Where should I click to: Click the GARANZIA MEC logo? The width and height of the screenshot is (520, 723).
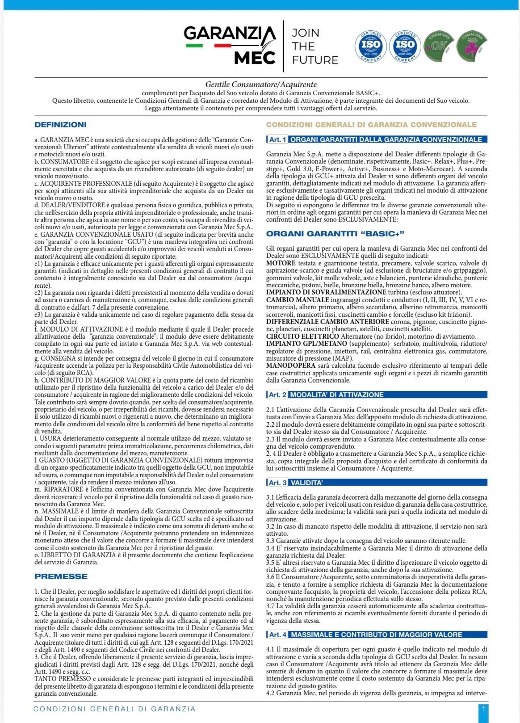[x=230, y=45]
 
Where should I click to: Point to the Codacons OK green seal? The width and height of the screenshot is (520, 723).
[x=438, y=46]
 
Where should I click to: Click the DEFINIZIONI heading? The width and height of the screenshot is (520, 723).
[x=61, y=125]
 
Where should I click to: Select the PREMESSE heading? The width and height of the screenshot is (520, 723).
[x=61, y=576]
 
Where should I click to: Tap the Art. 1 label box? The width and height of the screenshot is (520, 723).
[x=277, y=139]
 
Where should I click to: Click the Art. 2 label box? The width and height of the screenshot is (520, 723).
[x=277, y=395]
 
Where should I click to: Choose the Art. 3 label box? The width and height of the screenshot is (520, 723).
[x=277, y=483]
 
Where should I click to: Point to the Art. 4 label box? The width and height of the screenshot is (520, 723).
[x=277, y=635]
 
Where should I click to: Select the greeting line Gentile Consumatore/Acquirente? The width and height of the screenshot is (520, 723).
[x=261, y=84]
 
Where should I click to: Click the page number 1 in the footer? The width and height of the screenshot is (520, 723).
[x=483, y=709]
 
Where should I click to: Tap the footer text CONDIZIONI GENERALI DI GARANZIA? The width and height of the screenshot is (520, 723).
[x=115, y=709]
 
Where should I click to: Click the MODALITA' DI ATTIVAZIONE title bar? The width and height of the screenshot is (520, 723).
[x=337, y=395]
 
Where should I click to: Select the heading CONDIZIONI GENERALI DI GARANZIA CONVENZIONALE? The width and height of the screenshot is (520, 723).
[x=371, y=125]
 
